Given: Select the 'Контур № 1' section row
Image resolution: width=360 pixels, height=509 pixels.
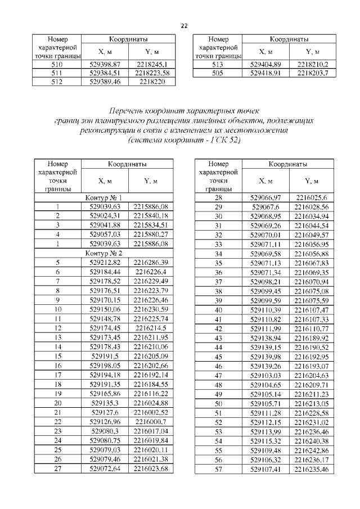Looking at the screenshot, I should click(x=103, y=198).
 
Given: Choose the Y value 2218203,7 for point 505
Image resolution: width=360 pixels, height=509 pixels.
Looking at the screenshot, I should click(x=313, y=73).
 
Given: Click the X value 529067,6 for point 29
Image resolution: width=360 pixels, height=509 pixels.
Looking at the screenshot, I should click(x=264, y=207).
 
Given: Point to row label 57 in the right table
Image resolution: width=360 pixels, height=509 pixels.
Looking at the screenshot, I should click(x=219, y=469).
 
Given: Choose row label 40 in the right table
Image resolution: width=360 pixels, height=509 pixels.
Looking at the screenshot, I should click(x=219, y=310).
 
